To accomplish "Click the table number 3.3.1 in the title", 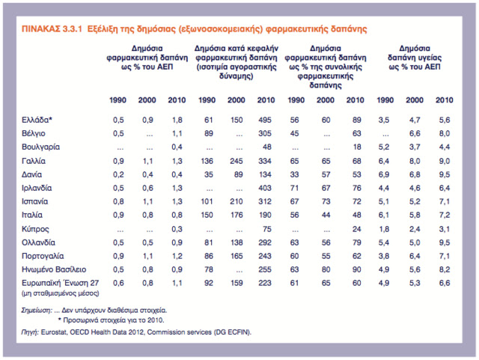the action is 73,29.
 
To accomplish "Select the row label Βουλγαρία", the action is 40,147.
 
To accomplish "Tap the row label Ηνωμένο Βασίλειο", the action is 54,269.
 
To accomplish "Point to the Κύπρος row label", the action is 35,229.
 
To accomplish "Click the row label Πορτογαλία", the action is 43,256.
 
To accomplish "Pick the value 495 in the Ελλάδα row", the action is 264,120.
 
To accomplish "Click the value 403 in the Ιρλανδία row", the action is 264,188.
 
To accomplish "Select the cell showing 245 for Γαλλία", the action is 237,161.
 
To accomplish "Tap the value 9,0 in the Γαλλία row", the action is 444,161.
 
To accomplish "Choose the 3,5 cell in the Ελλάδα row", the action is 384,120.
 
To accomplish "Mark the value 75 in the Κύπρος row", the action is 266,229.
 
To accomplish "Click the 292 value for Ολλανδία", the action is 264,242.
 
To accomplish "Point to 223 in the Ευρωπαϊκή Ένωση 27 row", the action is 264,283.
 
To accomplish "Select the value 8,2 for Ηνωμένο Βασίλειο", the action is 444,269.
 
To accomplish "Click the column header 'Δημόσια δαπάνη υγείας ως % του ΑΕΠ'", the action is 415,58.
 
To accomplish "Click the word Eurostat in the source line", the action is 54,332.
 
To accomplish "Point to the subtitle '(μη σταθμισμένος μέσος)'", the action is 60,293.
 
